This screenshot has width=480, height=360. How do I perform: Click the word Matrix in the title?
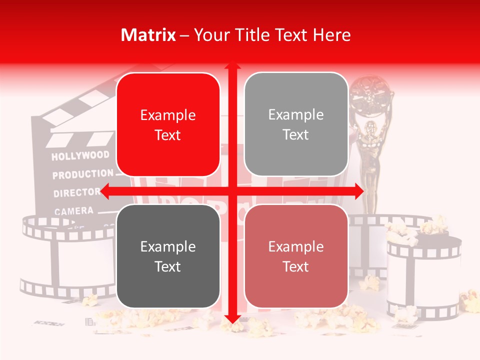[x=148, y=35]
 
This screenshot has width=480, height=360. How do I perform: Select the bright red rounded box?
[x=168, y=124]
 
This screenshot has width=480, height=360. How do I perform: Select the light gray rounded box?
[x=296, y=124]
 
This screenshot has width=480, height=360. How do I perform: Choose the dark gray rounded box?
[x=168, y=256]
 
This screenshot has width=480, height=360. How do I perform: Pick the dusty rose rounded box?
[x=296, y=256]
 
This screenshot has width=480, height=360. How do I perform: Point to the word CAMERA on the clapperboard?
[x=73, y=211]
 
